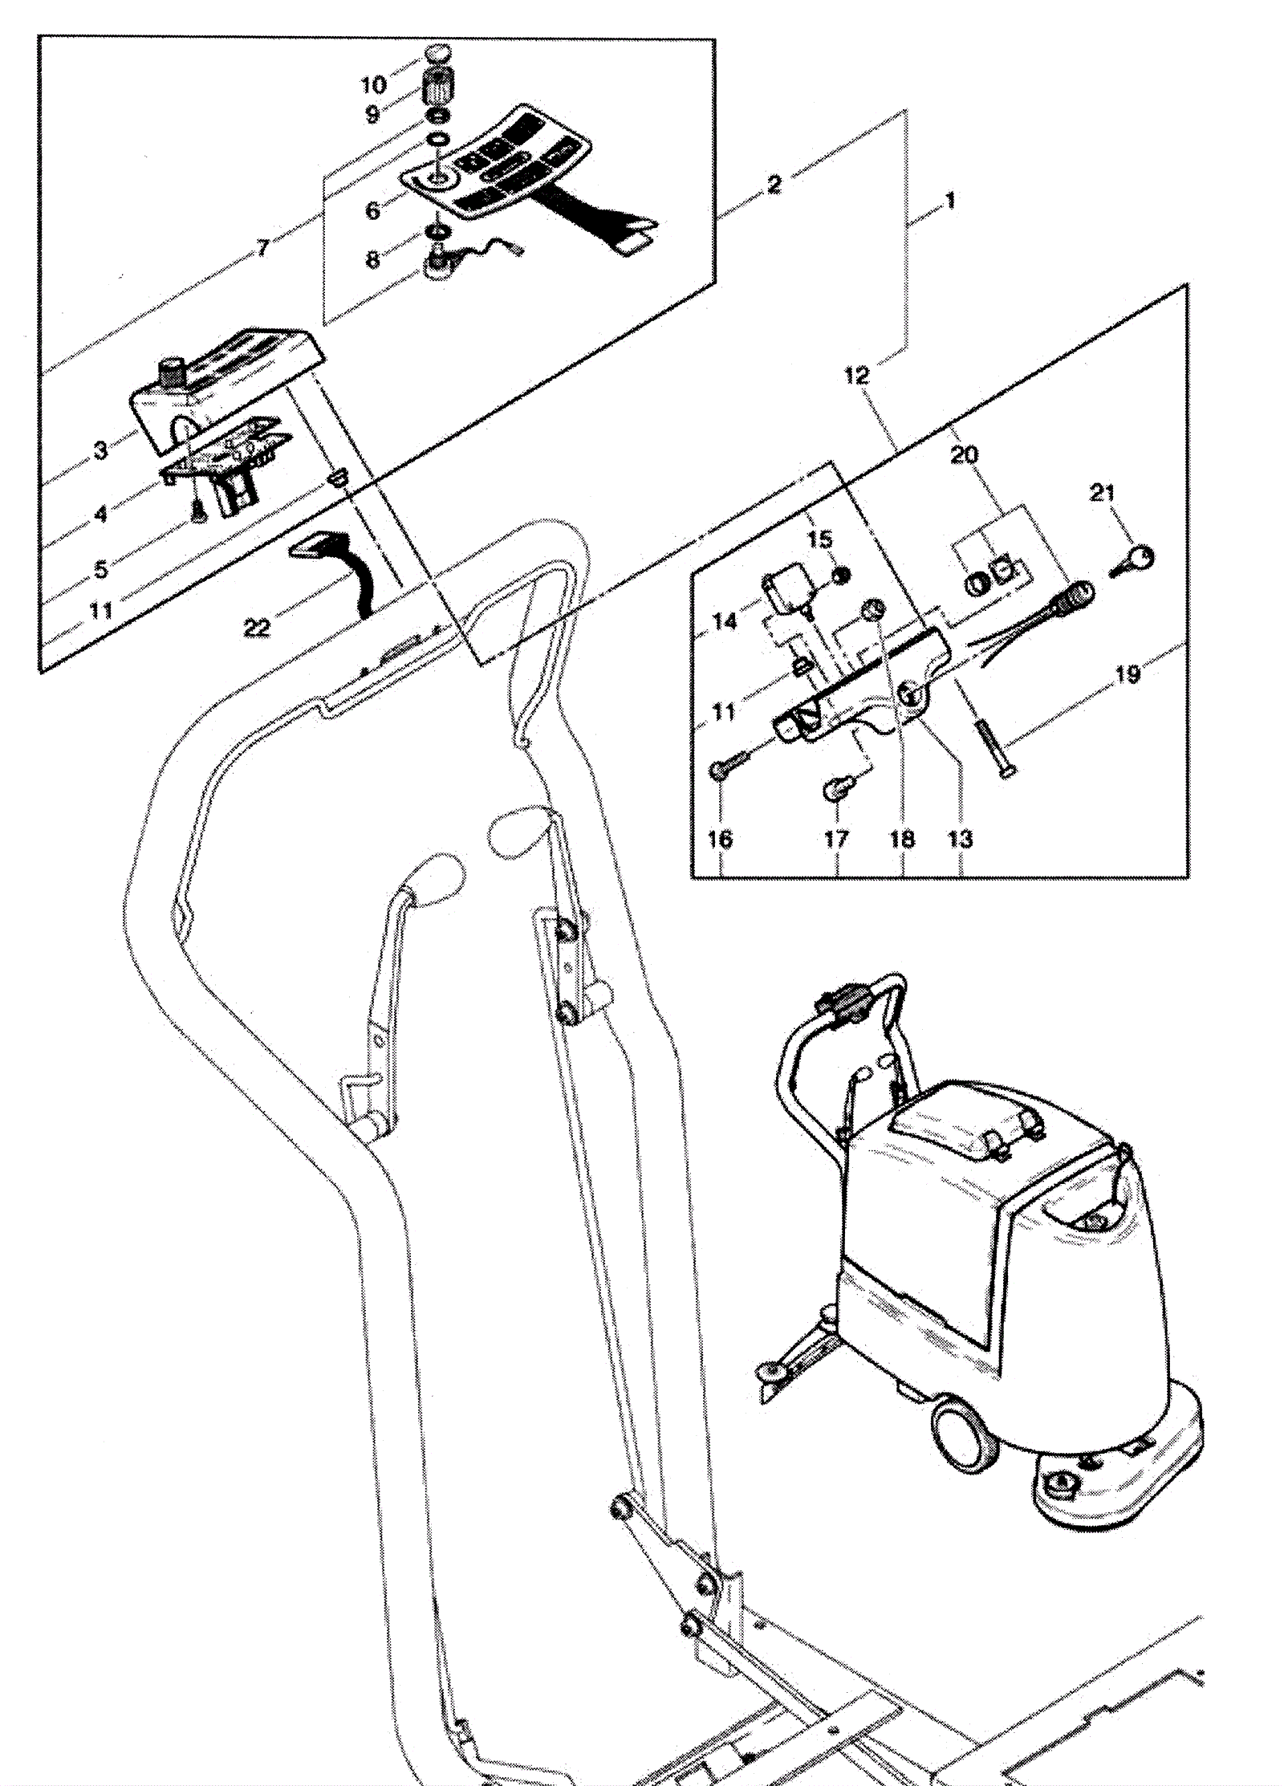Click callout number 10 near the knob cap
click(x=373, y=84)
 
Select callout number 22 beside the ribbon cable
click(x=257, y=627)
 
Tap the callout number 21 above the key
click(x=1102, y=492)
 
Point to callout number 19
click(x=1128, y=673)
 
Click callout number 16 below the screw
click(x=720, y=839)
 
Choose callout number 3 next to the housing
click(x=100, y=450)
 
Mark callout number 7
click(x=262, y=248)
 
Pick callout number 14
click(x=724, y=620)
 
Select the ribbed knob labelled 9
click(x=439, y=86)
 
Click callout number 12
click(x=856, y=376)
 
